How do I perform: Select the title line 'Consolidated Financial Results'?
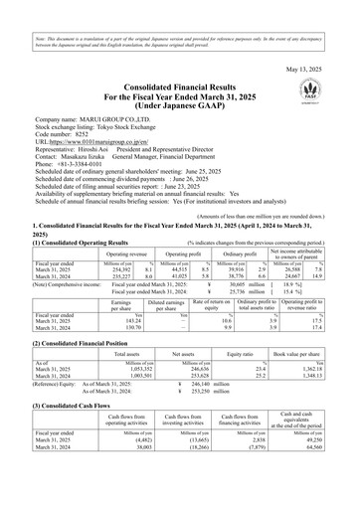point(178,87)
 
